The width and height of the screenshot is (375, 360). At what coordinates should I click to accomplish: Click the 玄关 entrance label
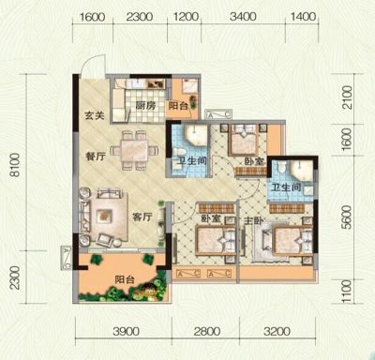pos(95,116)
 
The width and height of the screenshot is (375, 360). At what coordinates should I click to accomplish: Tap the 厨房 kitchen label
pos(145,106)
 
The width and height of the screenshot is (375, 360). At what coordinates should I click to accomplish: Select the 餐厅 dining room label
pos(96,157)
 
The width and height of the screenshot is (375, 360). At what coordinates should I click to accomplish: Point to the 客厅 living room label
pos(142,217)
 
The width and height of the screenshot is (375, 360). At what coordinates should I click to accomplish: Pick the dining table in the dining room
pos(135,150)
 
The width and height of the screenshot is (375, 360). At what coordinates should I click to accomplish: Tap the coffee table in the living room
pos(104,215)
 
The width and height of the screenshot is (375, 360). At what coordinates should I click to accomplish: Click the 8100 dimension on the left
pos(15,165)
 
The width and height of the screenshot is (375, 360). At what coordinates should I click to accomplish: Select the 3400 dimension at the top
pos(243,16)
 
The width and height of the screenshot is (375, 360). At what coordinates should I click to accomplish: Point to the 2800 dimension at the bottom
pos(207,331)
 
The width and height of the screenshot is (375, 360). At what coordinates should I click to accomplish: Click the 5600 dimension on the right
pos(347,217)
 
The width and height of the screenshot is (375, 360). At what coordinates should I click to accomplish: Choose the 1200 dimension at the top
pos(185,16)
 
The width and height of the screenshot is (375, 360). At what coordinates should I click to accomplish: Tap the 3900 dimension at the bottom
pos(127,331)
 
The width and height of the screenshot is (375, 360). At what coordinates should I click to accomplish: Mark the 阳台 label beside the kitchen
pos(178,106)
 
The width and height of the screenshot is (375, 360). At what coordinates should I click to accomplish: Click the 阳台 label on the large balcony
pos(125,279)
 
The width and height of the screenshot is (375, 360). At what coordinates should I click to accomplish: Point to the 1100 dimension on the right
pos(347,292)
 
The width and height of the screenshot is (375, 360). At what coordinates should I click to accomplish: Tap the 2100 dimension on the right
pos(347,97)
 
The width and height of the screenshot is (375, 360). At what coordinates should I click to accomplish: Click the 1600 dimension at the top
pos(93,16)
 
